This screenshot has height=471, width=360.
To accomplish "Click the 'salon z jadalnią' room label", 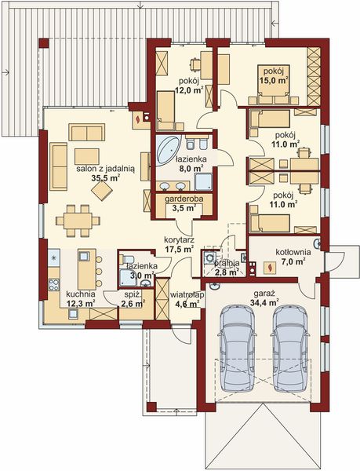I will coord(106,168).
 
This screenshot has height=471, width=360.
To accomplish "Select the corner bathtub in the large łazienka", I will coord(166,149).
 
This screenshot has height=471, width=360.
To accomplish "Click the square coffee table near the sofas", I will coord(86,155).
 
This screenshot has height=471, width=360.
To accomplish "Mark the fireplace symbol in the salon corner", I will coord(139,118).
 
